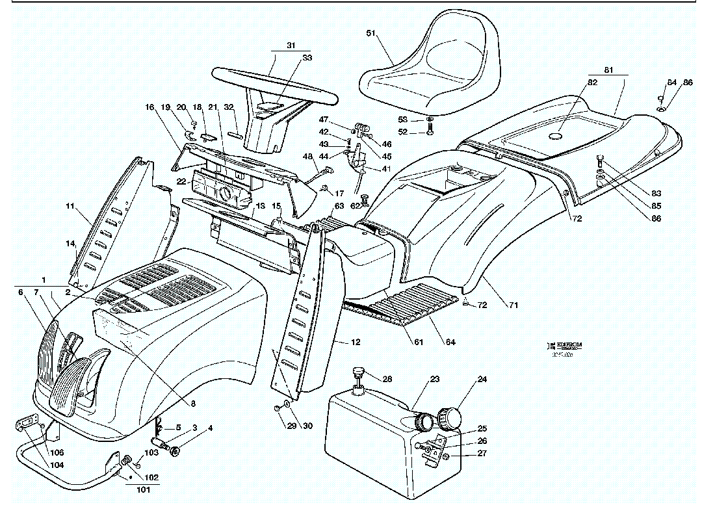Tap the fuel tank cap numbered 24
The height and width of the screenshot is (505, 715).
(x=450, y=415)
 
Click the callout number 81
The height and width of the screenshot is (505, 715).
(x=608, y=69)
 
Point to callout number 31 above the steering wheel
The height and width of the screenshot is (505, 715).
(x=290, y=45)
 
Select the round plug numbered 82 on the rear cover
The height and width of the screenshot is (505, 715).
(x=554, y=136)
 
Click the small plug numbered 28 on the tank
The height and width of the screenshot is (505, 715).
(x=356, y=374)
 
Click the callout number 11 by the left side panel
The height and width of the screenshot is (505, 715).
(x=70, y=207)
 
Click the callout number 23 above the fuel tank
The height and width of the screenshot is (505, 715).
(x=435, y=379)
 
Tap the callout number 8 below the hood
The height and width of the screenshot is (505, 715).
(x=193, y=403)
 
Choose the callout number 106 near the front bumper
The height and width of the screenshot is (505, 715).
(x=57, y=452)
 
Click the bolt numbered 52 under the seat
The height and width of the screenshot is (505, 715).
(x=430, y=133)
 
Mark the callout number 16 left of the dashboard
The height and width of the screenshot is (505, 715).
(x=150, y=107)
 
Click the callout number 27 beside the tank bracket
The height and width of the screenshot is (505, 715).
(x=482, y=454)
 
